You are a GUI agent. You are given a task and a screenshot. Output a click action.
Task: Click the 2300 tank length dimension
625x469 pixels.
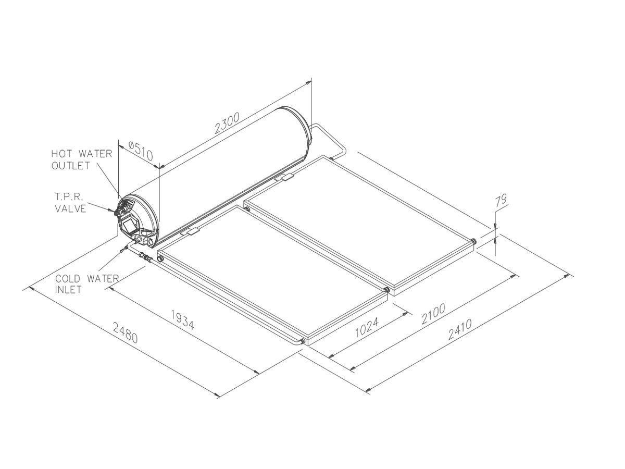(x=227, y=123)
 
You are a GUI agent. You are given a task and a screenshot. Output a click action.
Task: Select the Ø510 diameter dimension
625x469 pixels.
(x=141, y=151)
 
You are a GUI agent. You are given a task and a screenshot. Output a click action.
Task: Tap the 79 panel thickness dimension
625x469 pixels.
(x=501, y=201)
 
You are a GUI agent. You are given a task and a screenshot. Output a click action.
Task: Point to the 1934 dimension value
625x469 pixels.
(x=182, y=320)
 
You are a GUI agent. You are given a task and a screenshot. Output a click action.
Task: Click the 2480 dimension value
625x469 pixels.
(x=126, y=332)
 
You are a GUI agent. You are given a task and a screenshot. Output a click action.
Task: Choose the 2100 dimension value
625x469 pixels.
(x=433, y=314)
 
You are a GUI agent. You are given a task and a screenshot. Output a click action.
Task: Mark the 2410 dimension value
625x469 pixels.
(x=460, y=329)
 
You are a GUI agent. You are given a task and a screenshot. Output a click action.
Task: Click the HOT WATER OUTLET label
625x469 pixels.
(x=82, y=160)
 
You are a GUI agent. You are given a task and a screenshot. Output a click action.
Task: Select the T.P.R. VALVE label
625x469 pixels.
(x=70, y=203)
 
